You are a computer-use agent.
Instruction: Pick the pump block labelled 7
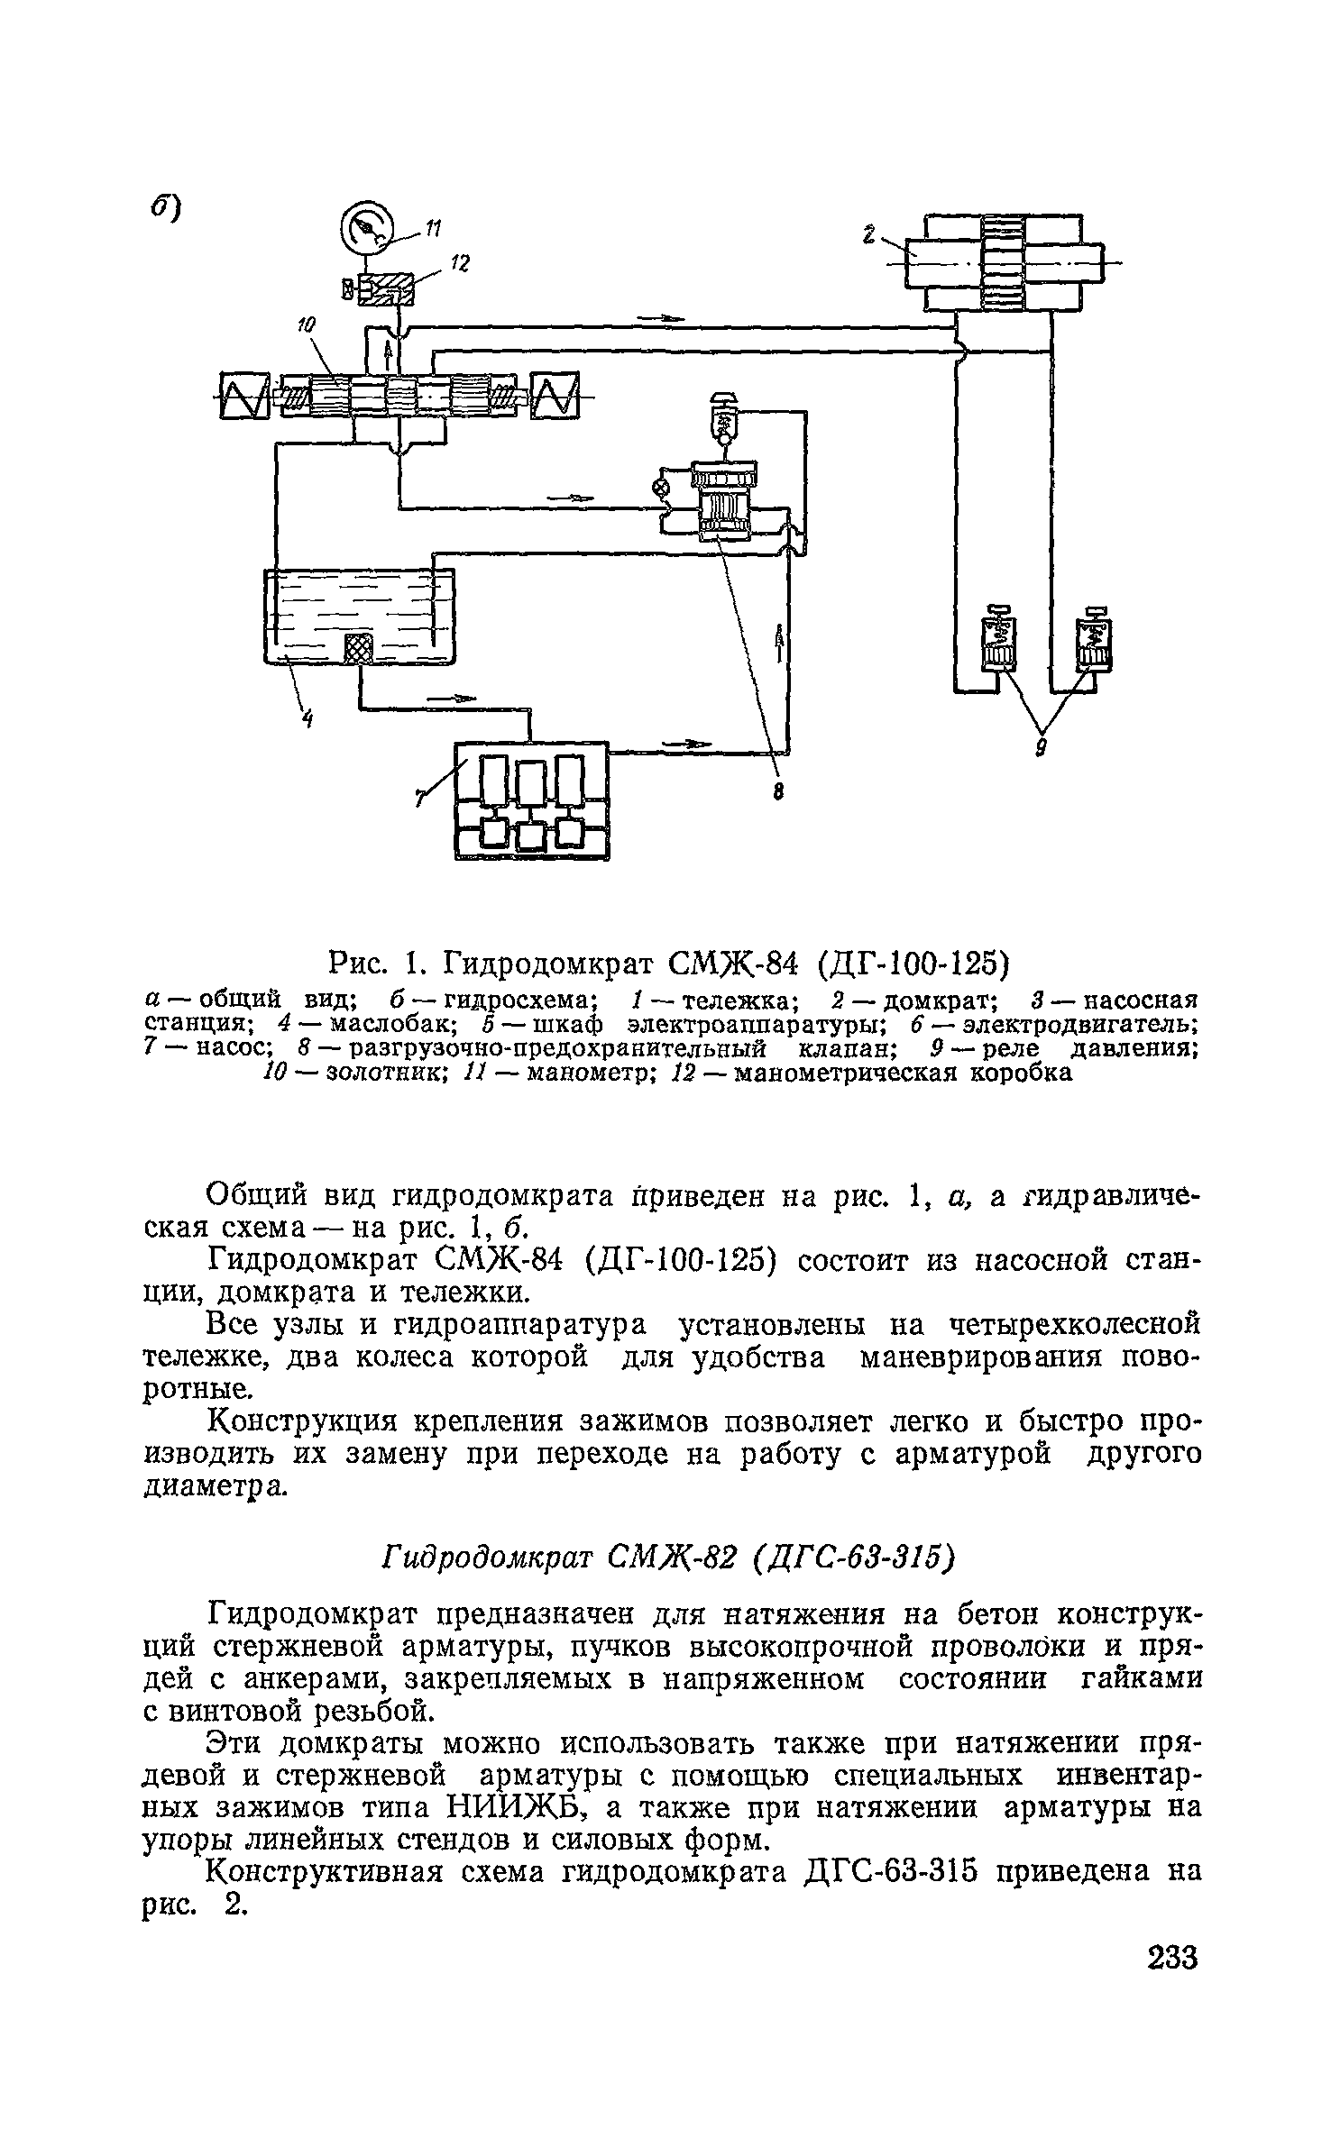[x=531, y=800]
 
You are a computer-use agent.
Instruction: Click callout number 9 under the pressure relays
[x=1041, y=747]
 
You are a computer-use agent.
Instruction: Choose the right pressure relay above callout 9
[x=1095, y=643]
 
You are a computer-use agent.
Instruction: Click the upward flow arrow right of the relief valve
[x=780, y=644]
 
